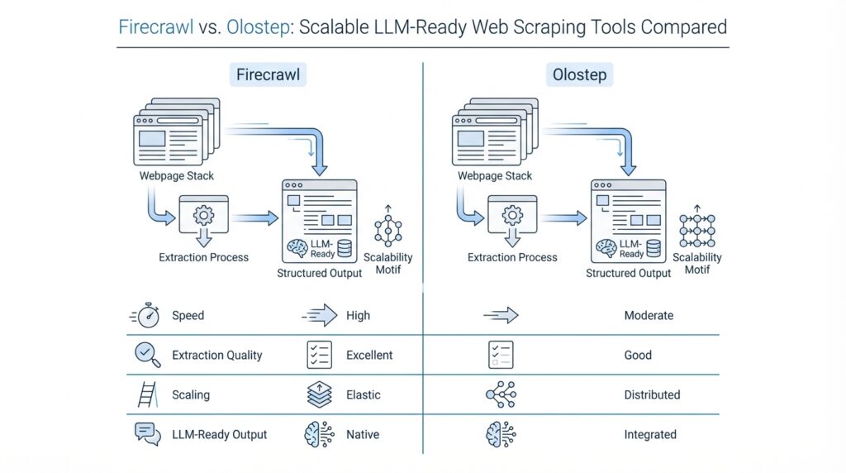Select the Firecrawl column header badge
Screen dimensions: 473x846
pyautogui.click(x=268, y=75)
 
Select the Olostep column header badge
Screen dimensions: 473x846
pyautogui.click(x=578, y=75)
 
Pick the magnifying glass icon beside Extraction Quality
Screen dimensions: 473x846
pyautogui.click(x=146, y=355)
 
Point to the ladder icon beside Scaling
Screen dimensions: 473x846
pyautogui.click(x=147, y=394)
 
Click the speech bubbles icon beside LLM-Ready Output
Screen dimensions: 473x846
pyautogui.click(x=147, y=433)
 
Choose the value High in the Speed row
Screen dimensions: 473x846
pyautogui.click(x=359, y=315)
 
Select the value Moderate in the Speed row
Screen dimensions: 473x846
pyautogui.click(x=649, y=315)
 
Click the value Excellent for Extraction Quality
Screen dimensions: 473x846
pyautogui.click(x=369, y=355)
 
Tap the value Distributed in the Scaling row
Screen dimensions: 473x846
pyautogui.click(x=652, y=394)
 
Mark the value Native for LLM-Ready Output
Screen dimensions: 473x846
pyautogui.click(x=364, y=434)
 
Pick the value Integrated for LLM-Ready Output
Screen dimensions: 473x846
pyautogui.click(x=650, y=434)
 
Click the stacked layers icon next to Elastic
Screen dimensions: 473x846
pyautogui.click(x=319, y=394)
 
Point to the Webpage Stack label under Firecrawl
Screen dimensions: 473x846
pyautogui.click(x=177, y=176)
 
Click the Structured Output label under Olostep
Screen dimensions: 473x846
pyautogui.click(x=629, y=273)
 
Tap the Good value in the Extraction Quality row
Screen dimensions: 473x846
pyautogui.click(x=638, y=355)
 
